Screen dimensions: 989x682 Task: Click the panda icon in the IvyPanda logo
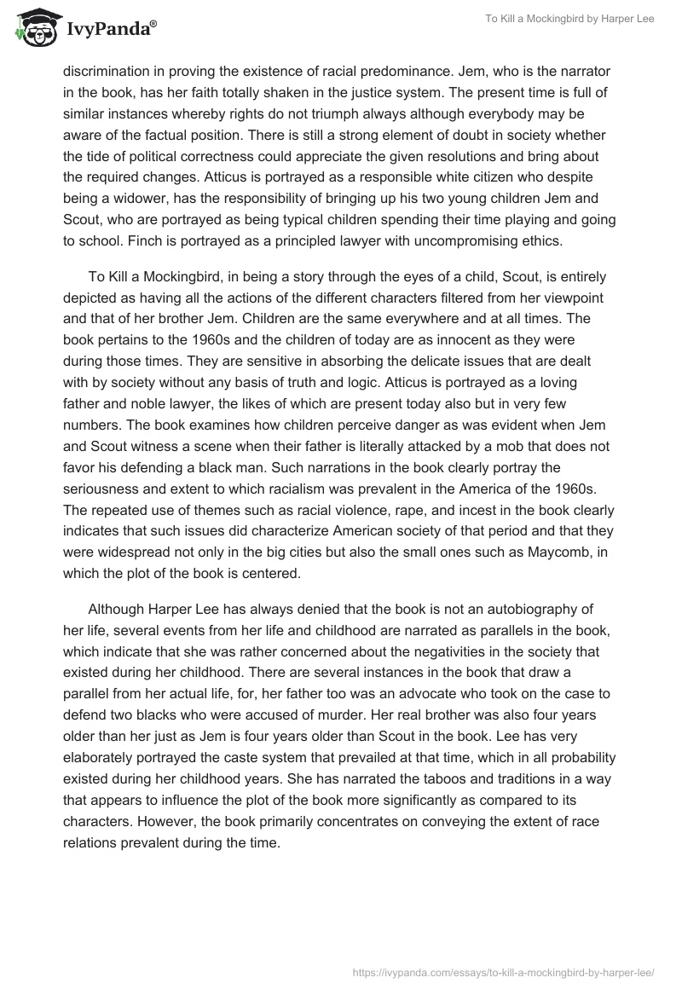pos(33,27)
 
